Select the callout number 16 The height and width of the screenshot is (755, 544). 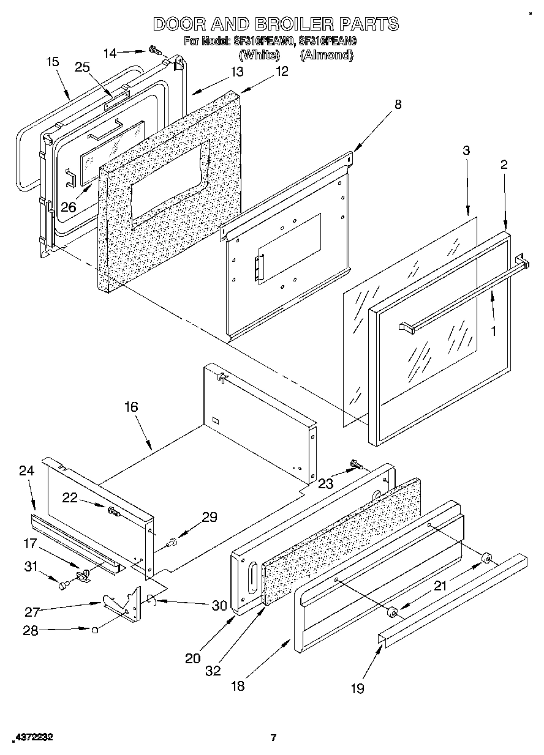131,407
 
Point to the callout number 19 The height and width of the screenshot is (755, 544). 357,689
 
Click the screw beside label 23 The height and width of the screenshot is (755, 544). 355,467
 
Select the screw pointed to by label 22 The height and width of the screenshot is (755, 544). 114,511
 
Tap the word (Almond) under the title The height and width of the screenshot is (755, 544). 327,55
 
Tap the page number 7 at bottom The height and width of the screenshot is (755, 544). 274,738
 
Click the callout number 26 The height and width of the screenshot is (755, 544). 68,207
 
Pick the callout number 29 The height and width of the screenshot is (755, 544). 210,518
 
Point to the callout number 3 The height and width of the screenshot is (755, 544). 466,151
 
